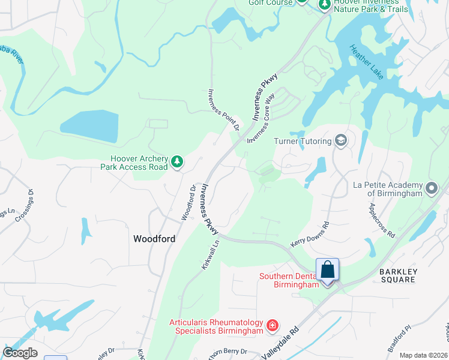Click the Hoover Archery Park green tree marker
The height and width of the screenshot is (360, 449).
[176, 161]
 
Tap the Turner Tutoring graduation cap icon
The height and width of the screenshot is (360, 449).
[341, 141]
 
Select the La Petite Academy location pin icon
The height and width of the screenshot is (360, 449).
[431, 189]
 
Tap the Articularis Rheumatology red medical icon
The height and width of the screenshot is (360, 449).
[273, 326]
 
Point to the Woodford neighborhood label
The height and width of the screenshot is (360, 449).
[154, 239]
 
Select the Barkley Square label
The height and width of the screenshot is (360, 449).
[398, 275]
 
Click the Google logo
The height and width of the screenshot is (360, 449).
[20, 352]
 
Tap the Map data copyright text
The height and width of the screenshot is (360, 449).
[424, 355]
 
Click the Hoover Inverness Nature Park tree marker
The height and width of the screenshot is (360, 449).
[324, 5]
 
